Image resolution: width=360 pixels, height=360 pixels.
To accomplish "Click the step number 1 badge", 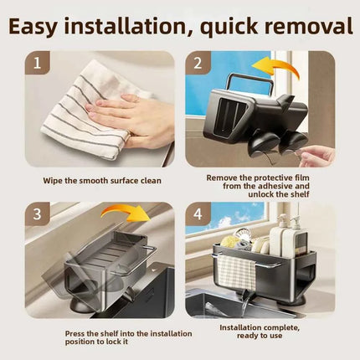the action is click(x=37, y=63).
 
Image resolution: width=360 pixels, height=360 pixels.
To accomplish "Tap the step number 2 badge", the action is click(x=198, y=63).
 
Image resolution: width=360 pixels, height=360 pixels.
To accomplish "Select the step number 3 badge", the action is click(x=37, y=214).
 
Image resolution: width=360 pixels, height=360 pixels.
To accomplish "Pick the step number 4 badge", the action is click(x=198, y=214).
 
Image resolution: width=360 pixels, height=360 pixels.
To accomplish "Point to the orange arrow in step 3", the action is click(x=126, y=209).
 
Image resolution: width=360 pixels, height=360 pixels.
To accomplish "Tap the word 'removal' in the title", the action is click(x=308, y=26).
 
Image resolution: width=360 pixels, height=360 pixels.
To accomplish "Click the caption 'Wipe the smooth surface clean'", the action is click(x=102, y=181).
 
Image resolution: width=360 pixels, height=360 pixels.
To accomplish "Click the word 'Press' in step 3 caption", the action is click(x=75, y=334).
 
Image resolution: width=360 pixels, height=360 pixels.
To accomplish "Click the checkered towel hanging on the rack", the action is click(x=236, y=272).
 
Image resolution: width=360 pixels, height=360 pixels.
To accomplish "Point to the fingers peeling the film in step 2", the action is click(x=316, y=157).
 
